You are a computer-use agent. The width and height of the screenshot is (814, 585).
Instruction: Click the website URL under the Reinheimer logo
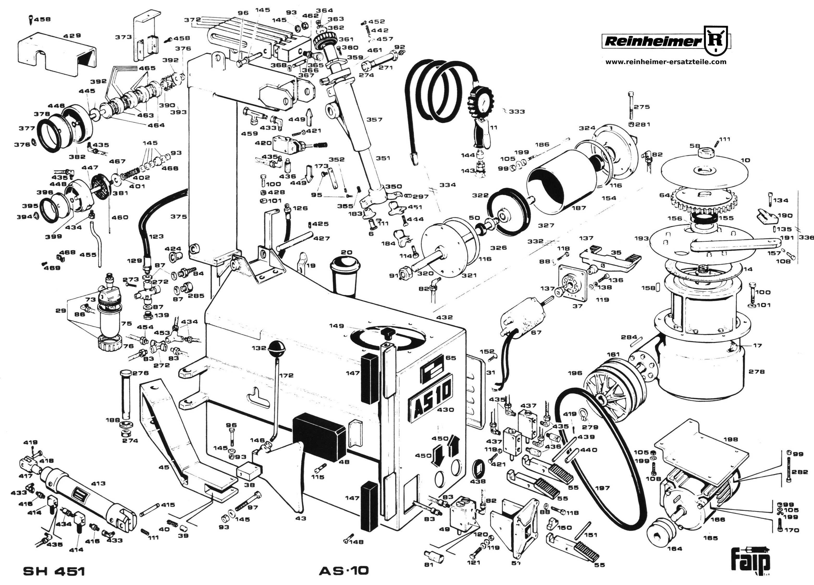666,62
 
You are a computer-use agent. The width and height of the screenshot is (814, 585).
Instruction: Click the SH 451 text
54,571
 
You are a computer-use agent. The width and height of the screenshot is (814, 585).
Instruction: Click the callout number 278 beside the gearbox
757,372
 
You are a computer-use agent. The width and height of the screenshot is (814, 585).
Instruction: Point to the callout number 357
374,120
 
